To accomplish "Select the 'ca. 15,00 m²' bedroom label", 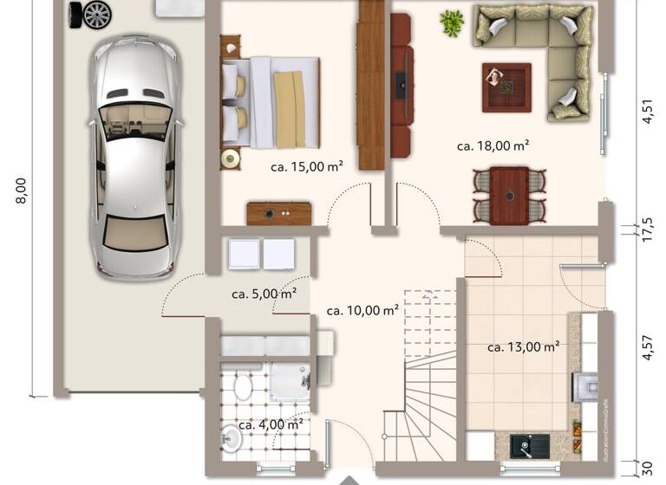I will click(x=306, y=166).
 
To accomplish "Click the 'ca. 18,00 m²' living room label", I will click(x=493, y=146).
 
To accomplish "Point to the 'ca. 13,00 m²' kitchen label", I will click(x=522, y=347).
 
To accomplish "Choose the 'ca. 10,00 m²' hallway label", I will click(x=362, y=310).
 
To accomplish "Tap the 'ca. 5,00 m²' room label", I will click(x=264, y=294).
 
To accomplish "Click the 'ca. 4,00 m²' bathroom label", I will click(x=270, y=424).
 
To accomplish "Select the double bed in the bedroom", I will click(x=271, y=101).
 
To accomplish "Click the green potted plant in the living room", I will click(x=451, y=23).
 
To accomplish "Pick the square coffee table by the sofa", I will click(x=506, y=87).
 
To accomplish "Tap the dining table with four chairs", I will click(x=509, y=196).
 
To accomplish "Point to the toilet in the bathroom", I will click(x=242, y=386).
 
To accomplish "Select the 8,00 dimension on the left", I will click(x=22, y=191).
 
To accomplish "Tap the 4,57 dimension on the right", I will click(x=646, y=346).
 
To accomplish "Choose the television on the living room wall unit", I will click(x=400, y=84).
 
